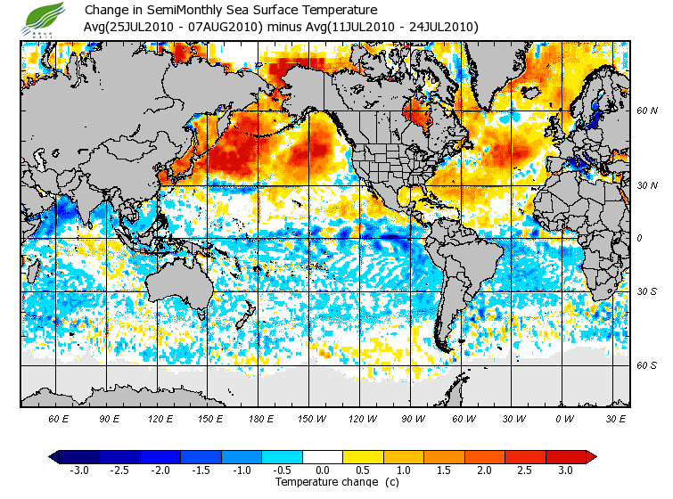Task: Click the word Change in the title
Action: click(x=106, y=10)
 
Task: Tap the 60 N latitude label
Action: click(x=646, y=111)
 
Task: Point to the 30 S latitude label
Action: click(x=646, y=291)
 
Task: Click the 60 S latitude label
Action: click(x=646, y=365)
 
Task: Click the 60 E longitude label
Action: click(x=59, y=417)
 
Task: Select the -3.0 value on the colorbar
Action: click(x=79, y=470)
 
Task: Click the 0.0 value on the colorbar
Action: click(x=324, y=470)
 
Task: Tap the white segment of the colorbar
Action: click(x=323, y=456)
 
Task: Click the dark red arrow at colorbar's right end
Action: click(x=590, y=456)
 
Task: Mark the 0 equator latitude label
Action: click(x=638, y=238)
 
